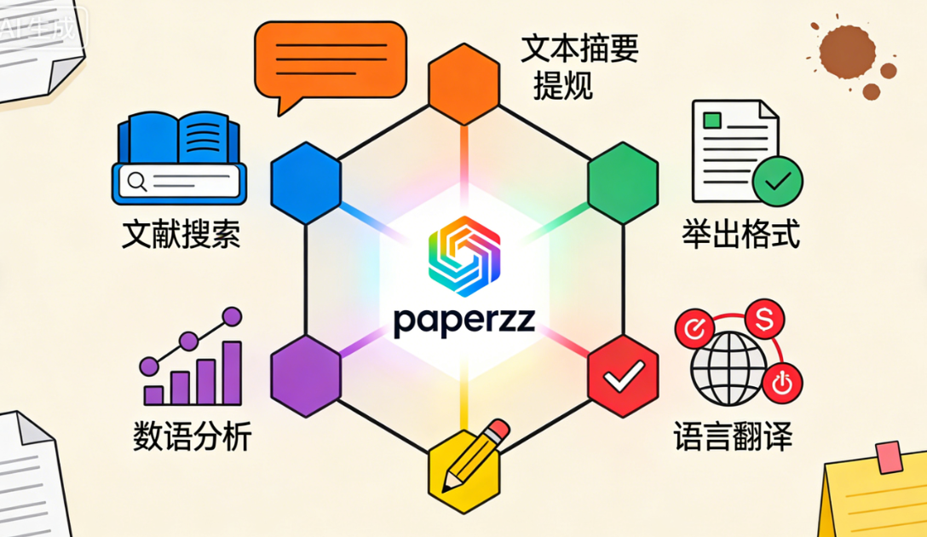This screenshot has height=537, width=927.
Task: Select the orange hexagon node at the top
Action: [x=463, y=83]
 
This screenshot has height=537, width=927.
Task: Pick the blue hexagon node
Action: [x=305, y=182]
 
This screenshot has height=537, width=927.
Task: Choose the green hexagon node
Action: [x=623, y=182]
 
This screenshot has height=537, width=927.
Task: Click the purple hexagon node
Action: [x=305, y=375]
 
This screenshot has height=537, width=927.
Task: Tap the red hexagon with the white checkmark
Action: [x=623, y=375]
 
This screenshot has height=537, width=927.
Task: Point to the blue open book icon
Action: [x=179, y=141]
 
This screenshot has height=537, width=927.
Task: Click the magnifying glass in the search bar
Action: [x=135, y=181]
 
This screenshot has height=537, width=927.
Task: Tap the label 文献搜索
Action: [x=180, y=234]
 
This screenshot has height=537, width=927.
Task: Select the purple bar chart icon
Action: [x=192, y=362]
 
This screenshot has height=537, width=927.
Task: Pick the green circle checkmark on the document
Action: [x=777, y=181]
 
